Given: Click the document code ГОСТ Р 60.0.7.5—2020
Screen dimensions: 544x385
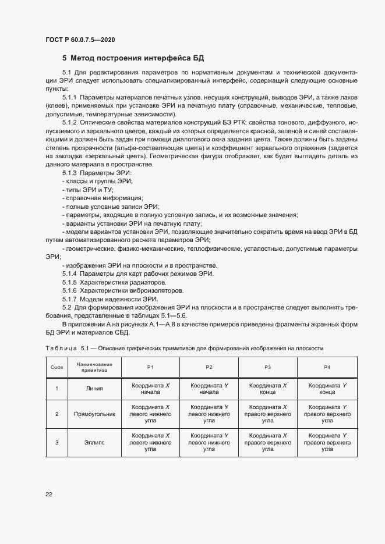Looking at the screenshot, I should pos(80,40).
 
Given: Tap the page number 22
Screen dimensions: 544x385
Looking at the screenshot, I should pos(49,495).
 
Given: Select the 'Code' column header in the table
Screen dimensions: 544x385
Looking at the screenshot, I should pos(56,367).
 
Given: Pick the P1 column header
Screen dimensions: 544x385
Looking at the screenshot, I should pos(150,367).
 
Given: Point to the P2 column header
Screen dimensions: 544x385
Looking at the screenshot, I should pos(209,367).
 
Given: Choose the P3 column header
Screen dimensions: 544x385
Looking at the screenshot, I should pos(267,367).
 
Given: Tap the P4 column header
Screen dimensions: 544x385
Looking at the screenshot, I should pos(327,367).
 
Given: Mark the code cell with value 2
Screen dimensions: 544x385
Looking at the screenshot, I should pos(56,414).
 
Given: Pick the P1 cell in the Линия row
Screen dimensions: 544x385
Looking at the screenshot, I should pos(150,389).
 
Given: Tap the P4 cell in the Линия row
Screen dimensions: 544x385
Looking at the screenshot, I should pos(327,389).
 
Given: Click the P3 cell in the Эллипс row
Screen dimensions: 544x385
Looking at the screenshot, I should pos(267,443).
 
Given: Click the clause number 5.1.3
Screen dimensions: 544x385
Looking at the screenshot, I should pos(69,174).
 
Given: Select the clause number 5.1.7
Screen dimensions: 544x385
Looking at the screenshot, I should pos(69,298).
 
